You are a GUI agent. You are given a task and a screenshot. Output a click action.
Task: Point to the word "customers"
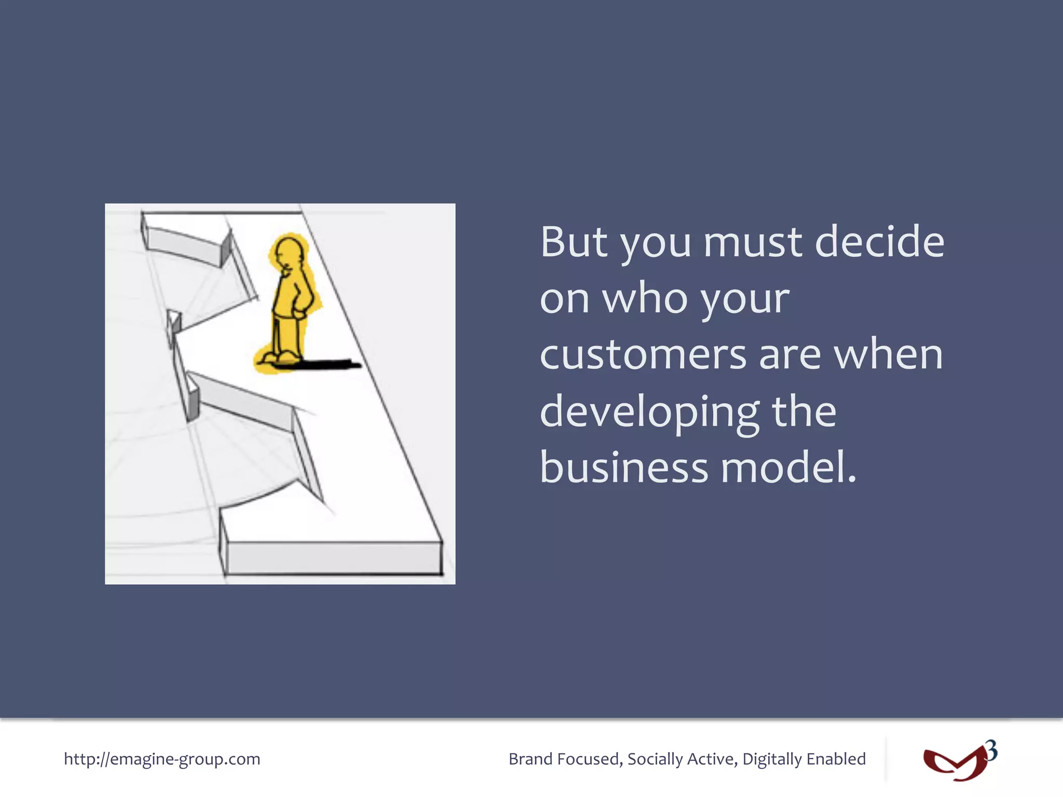pos(643,355)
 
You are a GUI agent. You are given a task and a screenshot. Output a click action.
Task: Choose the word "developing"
pos(649,413)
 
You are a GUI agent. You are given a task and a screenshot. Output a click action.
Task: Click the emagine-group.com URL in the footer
pos(162,759)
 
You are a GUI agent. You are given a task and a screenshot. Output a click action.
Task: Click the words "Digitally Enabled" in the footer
pos(804,759)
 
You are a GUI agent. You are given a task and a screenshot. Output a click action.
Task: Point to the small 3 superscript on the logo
pos(991,750)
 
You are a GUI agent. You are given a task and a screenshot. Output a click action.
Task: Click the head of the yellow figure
pos(289,252)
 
